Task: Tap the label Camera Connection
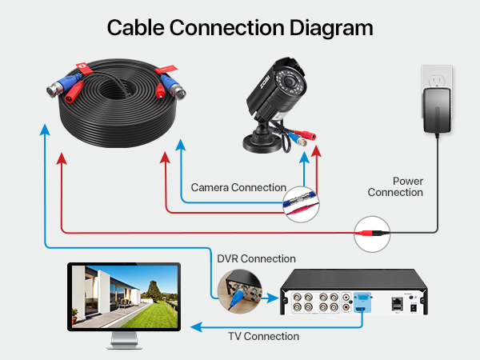[x=238, y=188]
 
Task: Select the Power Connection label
[x=395, y=186]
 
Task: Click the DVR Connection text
[x=256, y=258]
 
